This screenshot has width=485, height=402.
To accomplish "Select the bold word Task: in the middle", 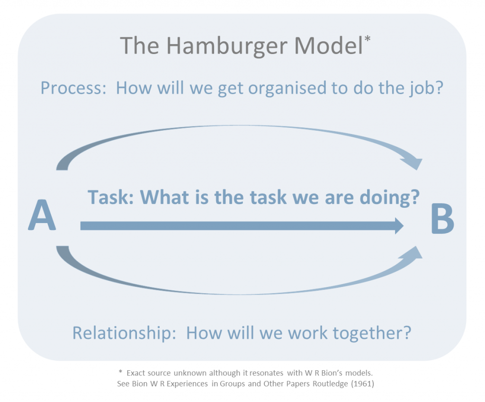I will pyautogui.click(x=111, y=197).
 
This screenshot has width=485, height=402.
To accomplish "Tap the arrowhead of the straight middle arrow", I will pyautogui.click(x=397, y=226).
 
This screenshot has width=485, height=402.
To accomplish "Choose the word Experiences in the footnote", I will pyautogui.click(x=185, y=384).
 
